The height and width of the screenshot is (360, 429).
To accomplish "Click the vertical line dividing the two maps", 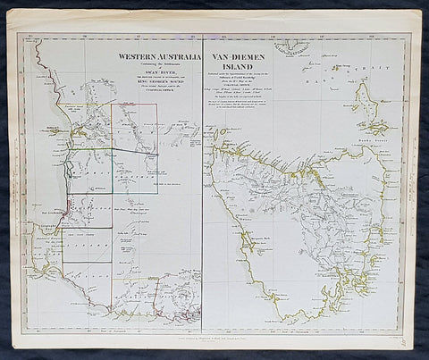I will [x=203, y=179].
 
